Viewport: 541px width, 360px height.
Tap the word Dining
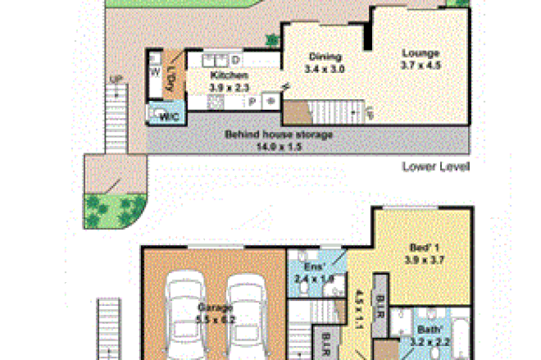point(324,57)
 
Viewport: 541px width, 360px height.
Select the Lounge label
point(421,54)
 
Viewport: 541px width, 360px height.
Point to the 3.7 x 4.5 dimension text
point(421,66)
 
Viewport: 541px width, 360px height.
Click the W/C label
point(169,117)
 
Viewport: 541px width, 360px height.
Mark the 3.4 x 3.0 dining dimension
point(325,69)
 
